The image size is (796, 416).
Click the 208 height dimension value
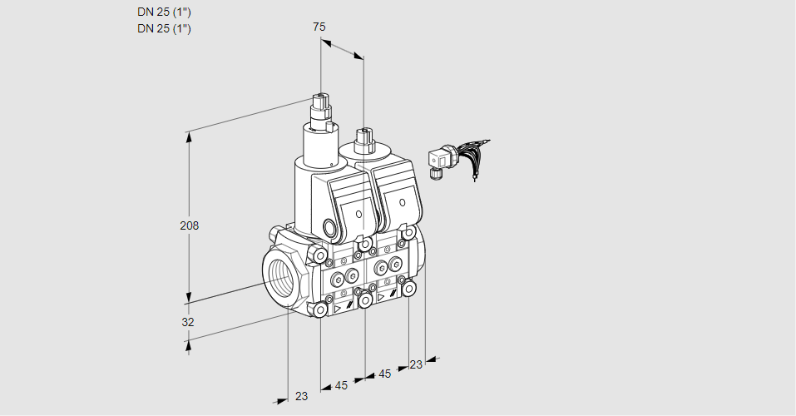[x=190, y=225]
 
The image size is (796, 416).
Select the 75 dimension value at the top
[x=319, y=27]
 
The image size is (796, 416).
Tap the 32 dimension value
[x=188, y=322]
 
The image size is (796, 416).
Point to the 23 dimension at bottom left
[x=302, y=396]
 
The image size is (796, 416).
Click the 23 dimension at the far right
[x=416, y=364]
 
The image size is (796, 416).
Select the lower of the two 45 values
[x=341, y=386]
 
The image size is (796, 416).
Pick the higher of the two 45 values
[x=385, y=374]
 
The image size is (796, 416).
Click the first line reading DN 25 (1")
[x=164, y=12]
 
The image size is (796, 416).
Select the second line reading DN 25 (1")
[x=164, y=28]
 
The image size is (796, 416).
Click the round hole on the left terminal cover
[x=358, y=215]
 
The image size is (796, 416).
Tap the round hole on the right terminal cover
[x=402, y=203]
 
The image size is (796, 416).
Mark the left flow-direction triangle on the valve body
[x=338, y=309]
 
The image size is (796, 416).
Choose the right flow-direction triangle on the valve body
[x=381, y=298]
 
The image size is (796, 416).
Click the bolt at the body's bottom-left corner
[x=320, y=310]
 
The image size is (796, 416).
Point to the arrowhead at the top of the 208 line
[x=190, y=136]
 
